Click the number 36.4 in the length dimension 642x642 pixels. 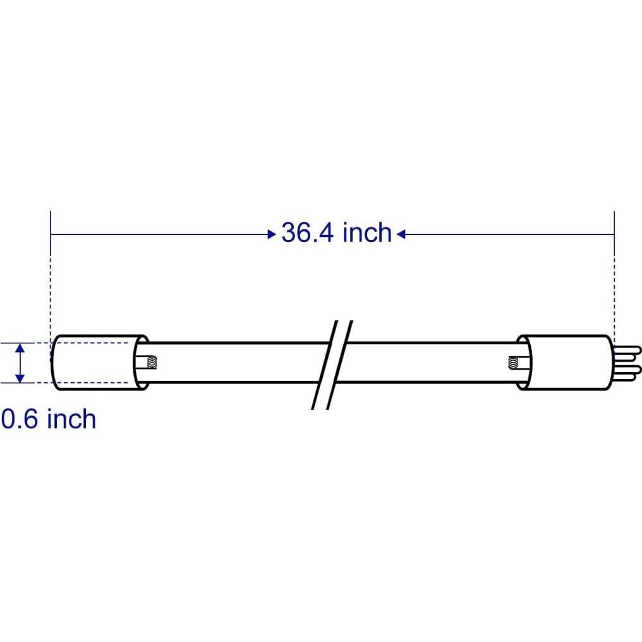coord(308,233)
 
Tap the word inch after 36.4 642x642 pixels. coord(367,233)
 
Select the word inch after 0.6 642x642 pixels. coord(72,419)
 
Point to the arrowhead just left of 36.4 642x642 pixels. coord(272,234)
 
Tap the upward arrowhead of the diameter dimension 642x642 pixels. coord(21,349)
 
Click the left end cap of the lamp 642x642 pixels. coord(95,362)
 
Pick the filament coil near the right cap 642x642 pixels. coord(512,362)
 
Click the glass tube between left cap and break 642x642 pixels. coord(234,362)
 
